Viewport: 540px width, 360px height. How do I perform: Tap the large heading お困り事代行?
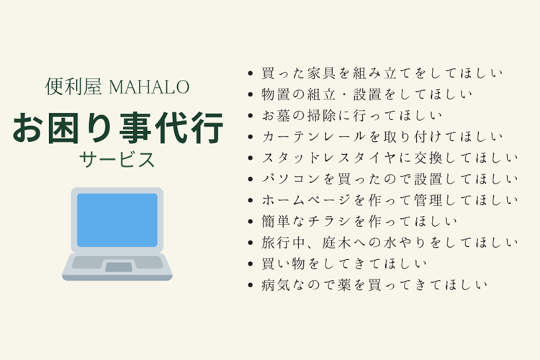[117, 127]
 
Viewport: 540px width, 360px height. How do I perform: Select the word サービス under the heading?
[117, 160]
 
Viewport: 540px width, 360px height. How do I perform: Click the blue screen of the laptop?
[117, 219]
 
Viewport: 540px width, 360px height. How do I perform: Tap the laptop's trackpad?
[118, 266]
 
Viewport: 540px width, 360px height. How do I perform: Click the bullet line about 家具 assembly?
[382, 73]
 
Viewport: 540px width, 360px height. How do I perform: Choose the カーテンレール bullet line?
[382, 136]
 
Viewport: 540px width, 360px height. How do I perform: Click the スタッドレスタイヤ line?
[389, 157]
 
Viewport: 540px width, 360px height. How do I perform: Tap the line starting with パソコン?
[389, 179]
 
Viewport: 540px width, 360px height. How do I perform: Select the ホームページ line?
[389, 199]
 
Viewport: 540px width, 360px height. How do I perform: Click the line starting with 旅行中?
[389, 242]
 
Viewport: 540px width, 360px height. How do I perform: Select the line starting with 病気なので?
[374, 284]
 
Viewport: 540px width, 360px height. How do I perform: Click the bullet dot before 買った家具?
[249, 73]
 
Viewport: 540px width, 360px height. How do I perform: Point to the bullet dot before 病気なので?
[249, 285]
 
